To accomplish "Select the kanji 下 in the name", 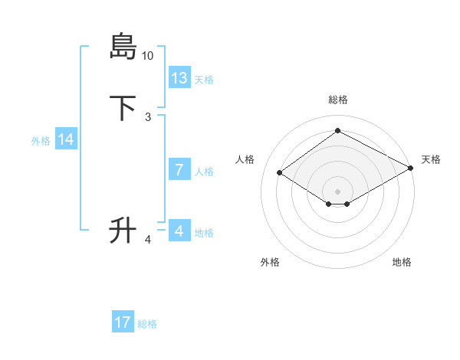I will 123,107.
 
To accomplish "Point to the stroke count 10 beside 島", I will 148,56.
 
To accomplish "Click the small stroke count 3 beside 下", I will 148,116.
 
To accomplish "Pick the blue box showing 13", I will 179,78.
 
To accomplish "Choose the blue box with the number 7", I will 179,170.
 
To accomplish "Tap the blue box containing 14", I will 66,139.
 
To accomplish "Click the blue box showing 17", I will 123,322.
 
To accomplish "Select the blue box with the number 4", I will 179,231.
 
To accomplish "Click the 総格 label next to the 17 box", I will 147,324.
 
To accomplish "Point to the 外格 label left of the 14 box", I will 41,141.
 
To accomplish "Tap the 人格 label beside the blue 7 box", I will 205,172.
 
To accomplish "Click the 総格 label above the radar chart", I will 337,100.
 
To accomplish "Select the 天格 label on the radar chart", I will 431,159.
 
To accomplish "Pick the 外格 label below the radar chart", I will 270,262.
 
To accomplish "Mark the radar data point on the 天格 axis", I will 412,169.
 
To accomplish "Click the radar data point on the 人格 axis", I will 280,173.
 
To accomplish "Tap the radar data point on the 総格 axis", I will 337,131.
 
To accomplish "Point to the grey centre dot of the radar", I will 337,191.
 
